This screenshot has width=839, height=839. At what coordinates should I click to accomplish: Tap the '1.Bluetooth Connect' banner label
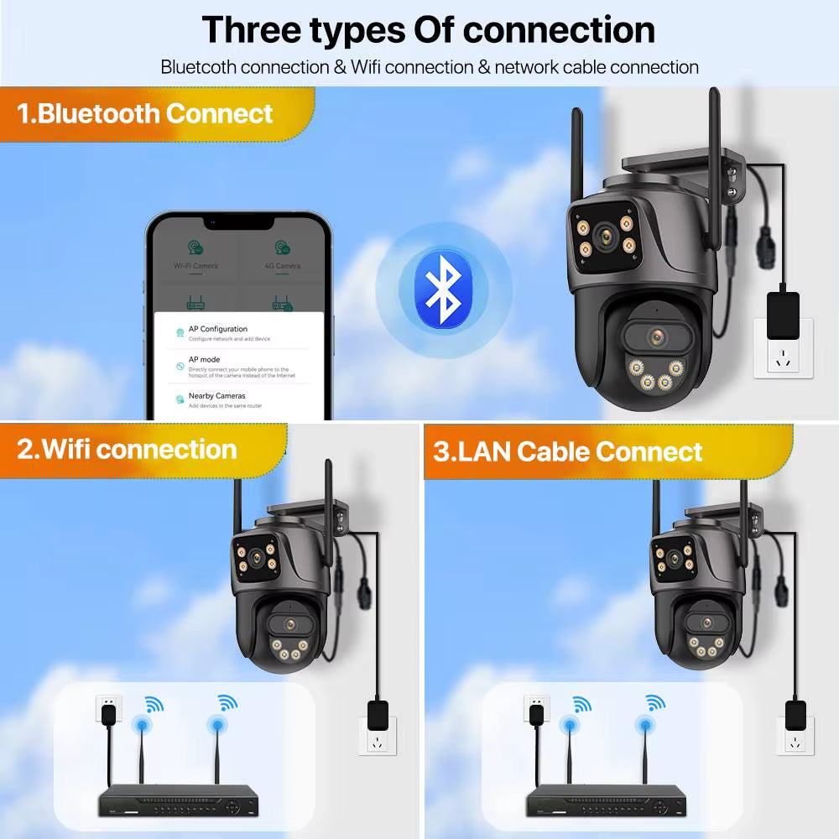click(x=144, y=113)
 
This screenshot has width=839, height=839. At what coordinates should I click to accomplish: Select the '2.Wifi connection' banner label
click(x=127, y=449)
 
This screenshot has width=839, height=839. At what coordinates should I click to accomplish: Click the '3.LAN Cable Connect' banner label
click(x=567, y=451)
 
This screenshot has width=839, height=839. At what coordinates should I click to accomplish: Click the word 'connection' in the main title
click(x=559, y=29)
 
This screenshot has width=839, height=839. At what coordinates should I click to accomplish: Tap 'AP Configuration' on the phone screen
click(x=217, y=329)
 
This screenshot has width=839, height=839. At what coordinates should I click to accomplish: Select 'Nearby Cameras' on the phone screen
click(x=216, y=396)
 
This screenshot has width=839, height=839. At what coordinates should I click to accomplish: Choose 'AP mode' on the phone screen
click(x=204, y=359)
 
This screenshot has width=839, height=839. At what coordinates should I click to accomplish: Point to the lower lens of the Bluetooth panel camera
click(x=657, y=337)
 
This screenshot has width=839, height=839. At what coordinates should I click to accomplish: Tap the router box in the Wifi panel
click(x=180, y=801)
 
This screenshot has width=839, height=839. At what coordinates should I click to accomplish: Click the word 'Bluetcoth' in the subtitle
click(x=199, y=66)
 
